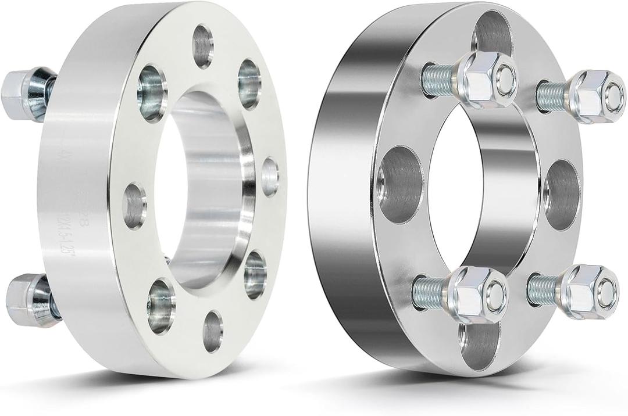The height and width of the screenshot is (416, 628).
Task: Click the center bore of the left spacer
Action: pos(198,192)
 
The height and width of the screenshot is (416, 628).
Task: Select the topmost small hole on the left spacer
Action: pos(203,46)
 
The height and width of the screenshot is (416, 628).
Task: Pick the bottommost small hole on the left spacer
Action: pos(213,331)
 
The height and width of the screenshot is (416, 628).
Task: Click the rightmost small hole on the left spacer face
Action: pos(270,176)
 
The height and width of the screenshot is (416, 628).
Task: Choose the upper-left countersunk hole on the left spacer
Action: pos(152,93)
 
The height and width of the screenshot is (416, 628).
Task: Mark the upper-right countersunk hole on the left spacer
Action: pos(249,84)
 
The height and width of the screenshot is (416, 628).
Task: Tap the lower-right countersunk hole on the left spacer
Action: pos(255,275)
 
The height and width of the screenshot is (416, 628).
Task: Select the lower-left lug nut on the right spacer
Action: pos(477,293)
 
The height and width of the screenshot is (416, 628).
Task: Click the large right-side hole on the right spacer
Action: pos(561,194)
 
